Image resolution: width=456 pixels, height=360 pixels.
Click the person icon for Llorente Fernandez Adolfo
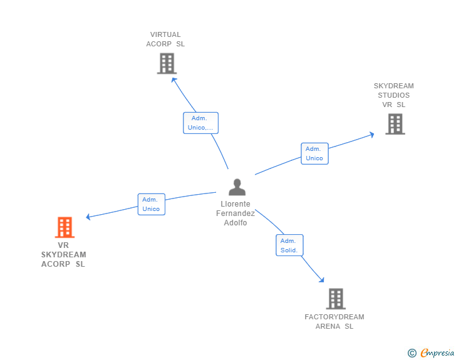[x=237, y=187]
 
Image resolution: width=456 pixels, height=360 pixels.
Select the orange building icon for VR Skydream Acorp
[x=65, y=227]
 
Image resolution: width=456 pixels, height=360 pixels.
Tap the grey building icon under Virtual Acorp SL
[x=167, y=63]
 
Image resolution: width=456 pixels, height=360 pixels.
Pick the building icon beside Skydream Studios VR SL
[x=395, y=124]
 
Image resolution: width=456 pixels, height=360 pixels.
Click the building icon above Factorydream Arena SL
[x=336, y=299]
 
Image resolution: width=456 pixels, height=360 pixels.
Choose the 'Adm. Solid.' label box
[x=289, y=245]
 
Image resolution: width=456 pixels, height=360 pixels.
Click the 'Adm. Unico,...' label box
[x=200, y=123]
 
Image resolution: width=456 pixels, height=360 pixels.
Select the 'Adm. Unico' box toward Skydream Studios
[x=314, y=153]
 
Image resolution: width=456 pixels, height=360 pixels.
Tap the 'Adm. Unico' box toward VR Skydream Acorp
[x=151, y=204]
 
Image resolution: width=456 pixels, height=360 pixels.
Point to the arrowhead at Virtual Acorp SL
[x=174, y=78]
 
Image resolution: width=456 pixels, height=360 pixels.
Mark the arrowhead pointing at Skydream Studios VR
[x=371, y=133]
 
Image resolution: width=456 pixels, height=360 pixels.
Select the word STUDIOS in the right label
[x=393, y=95]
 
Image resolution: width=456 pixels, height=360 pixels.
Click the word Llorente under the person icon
[x=236, y=204]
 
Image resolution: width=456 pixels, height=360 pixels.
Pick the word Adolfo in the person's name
[x=236, y=223]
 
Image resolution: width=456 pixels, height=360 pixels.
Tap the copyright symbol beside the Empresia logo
[x=412, y=353]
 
